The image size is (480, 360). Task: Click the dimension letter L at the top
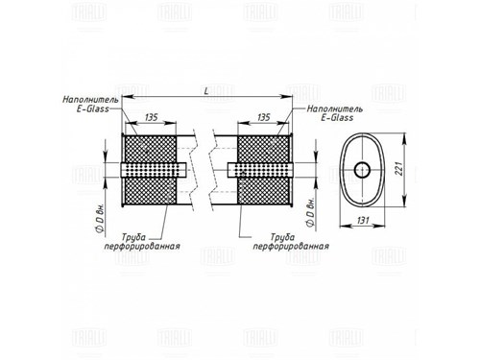point(206,91)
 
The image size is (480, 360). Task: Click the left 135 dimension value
point(151,117)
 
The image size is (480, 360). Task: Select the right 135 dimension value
point(263,117)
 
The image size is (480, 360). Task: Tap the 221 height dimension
point(398,167)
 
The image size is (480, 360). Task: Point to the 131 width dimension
point(362,221)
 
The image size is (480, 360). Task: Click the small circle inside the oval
point(362,170)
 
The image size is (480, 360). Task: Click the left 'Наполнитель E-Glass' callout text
point(90,105)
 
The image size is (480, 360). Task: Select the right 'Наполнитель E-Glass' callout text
point(335,113)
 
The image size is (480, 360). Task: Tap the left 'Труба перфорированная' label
point(142,242)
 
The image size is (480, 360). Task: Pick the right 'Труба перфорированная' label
point(291,242)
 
